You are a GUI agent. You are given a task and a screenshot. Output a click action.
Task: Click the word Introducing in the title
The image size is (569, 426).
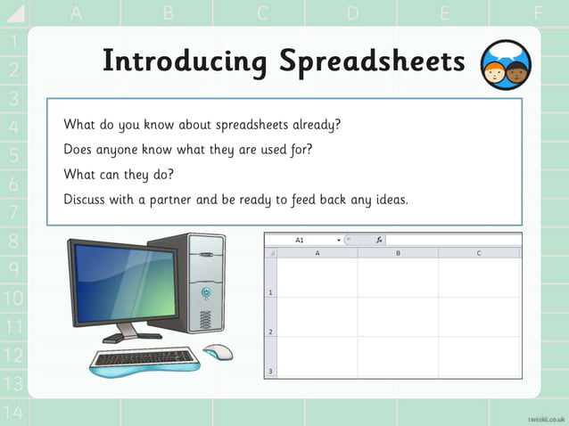tap(184, 61)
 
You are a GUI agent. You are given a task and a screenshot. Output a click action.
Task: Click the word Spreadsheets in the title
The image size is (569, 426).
tap(372, 61)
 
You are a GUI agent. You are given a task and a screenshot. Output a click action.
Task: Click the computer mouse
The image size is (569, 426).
tap(218, 351)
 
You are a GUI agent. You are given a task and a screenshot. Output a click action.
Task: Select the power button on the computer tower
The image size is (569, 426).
tap(207, 291)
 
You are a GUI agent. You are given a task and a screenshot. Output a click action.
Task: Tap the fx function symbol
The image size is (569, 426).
tap(379, 240)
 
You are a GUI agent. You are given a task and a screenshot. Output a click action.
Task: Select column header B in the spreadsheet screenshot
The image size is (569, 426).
tap(398, 253)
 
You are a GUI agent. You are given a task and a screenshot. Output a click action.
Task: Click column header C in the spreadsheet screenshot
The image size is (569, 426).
tap(478, 253)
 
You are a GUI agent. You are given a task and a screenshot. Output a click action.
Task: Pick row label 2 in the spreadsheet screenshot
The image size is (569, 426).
tap(270, 332)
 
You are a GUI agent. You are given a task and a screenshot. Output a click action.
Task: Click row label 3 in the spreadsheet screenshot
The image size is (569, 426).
tap(270, 371)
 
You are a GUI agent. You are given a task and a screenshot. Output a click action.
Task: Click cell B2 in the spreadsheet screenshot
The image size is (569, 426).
tap(398, 316)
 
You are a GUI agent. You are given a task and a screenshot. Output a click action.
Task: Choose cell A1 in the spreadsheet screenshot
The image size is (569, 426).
tap(317, 277)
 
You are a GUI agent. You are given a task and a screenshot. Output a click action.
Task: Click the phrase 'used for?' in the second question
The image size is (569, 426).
tap(284, 149)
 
